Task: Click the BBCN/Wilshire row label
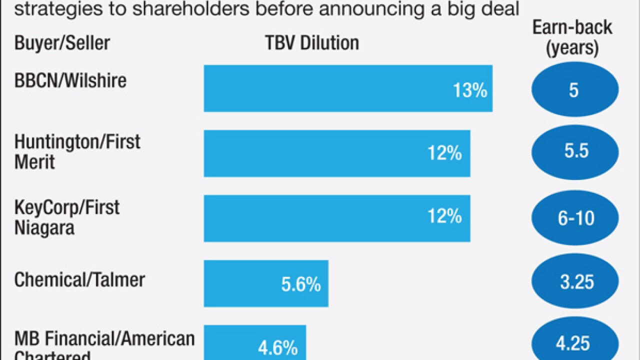pos(70,80)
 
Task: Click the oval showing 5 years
pos(574,90)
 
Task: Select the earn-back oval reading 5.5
pos(574,151)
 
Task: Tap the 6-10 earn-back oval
pos(574,218)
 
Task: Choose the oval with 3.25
pos(574,281)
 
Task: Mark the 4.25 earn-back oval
pos(574,343)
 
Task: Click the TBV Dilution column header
pos(312,43)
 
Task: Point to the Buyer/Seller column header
pos(62,43)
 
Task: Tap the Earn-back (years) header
pos(572,37)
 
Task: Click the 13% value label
pos(470,90)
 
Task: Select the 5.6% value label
pos(301,284)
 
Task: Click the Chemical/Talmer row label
pos(79,279)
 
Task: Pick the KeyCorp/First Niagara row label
pos(67,217)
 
